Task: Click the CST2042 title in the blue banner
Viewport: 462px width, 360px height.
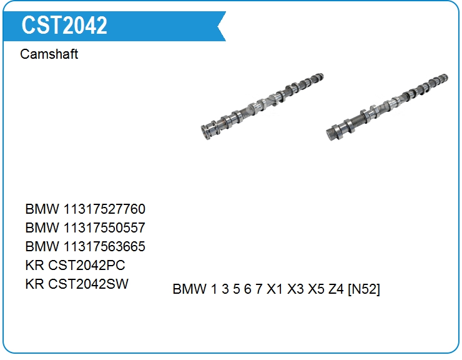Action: [x=64, y=26]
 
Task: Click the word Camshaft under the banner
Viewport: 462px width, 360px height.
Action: [x=49, y=54]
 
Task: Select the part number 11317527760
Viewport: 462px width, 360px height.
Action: [x=104, y=209]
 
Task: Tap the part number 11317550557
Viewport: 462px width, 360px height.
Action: [x=104, y=227]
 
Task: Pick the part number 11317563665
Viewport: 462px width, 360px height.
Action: [x=104, y=246]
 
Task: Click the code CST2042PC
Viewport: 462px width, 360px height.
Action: [x=86, y=265]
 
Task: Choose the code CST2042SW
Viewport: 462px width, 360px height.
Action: [x=88, y=284]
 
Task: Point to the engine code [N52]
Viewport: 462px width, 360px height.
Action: [x=364, y=289]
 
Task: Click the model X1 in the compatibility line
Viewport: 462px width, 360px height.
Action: [x=275, y=289]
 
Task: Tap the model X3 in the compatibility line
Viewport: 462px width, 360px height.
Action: [x=295, y=289]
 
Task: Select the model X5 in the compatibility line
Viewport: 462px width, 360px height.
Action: [x=316, y=289]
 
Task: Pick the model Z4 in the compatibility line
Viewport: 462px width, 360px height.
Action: [x=336, y=289]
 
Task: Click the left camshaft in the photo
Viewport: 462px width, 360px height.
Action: [x=262, y=106]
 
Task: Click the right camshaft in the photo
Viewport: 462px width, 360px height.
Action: [x=386, y=107]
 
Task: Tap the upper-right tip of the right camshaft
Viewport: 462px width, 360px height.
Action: [x=446, y=77]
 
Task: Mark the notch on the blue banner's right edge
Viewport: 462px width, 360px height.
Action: [x=218, y=26]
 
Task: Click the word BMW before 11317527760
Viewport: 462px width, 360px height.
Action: [x=42, y=209]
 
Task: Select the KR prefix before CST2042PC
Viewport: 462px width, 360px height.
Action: [x=35, y=265]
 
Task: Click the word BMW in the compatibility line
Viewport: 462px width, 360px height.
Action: [x=189, y=289]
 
